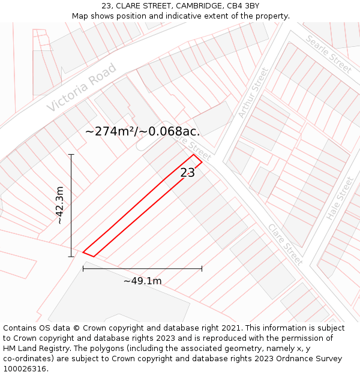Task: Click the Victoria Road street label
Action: pyautogui.click(x=82, y=88)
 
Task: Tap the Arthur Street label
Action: pyautogui.click(x=253, y=92)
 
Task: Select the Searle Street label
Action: pyautogui.click(x=329, y=54)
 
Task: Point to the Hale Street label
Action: pyautogui.click(x=340, y=199)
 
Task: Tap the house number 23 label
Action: pyautogui.click(x=187, y=173)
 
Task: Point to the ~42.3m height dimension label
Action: pyautogui.click(x=60, y=205)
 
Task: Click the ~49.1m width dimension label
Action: pyautogui.click(x=143, y=281)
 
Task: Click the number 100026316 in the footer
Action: pyautogui.click(x=25, y=368)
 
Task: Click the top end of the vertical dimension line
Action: pyautogui.click(x=71, y=154)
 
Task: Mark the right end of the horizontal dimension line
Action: pyautogui.click(x=202, y=268)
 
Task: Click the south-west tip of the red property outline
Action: pyautogui.click(x=83, y=253)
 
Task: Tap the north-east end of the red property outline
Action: pyautogui.click(x=197, y=158)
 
